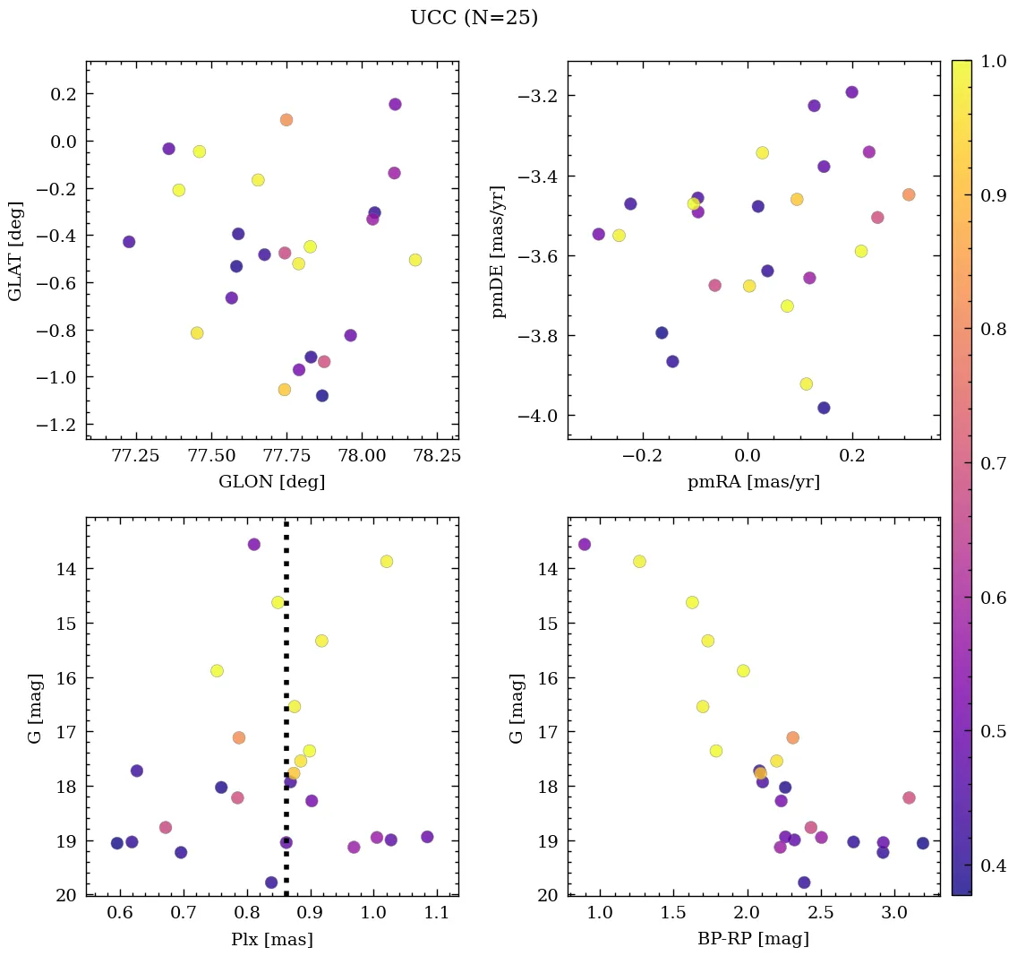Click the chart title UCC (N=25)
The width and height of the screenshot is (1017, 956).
[x=474, y=18]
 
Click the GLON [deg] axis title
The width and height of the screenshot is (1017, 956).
[x=272, y=482]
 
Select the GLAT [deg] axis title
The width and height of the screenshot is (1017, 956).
[x=15, y=250]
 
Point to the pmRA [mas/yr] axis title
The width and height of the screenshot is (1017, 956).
[x=754, y=482]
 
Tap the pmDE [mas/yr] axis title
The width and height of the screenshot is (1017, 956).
[x=499, y=252]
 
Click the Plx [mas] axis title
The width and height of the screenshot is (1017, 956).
[x=272, y=939]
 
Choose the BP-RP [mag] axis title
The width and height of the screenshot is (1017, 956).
[x=754, y=939]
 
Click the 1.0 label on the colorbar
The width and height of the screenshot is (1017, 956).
[x=994, y=62]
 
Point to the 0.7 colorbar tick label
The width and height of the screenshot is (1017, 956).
[x=994, y=463]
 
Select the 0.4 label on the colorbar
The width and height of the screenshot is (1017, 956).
[x=994, y=866]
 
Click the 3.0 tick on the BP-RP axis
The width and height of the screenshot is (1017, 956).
[x=894, y=913]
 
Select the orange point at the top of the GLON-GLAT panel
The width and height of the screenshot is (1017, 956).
[x=286, y=120]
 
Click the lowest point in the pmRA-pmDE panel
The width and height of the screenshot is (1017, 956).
[x=824, y=408]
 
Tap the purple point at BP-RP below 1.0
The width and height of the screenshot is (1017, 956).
[x=585, y=544]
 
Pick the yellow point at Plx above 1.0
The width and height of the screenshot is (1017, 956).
[x=387, y=561]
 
